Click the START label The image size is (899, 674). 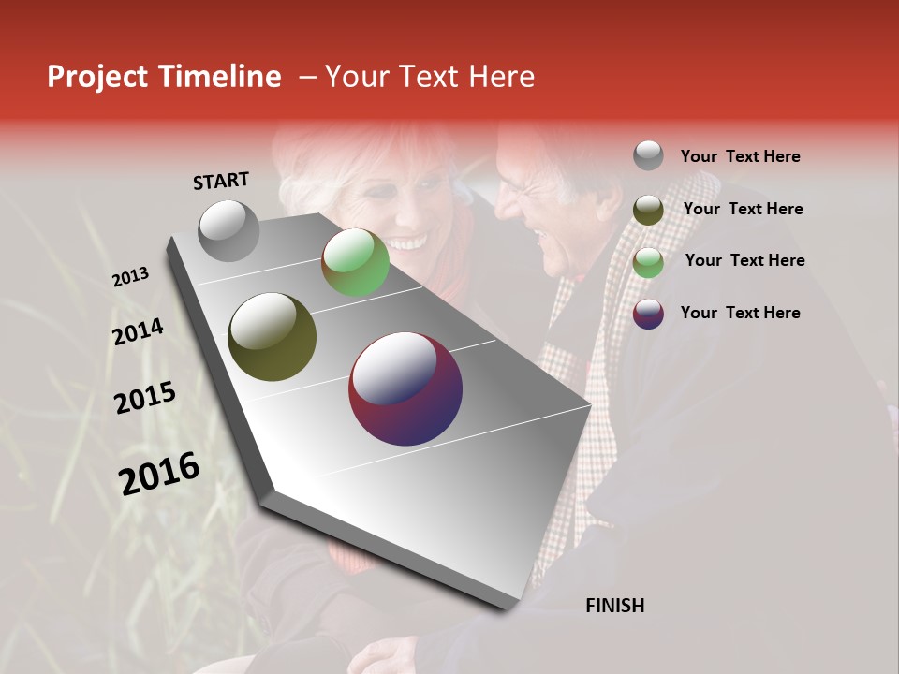221,180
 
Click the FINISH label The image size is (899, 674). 614,606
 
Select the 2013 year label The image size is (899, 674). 130,277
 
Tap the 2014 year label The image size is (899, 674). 138,332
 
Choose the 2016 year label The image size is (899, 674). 159,474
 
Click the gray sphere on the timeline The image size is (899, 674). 228,230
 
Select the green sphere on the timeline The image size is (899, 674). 355,262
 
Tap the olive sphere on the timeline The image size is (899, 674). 272,337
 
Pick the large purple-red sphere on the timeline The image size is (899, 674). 405,388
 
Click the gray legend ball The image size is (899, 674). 648,156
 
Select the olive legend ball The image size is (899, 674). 648,209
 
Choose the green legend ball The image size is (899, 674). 648,261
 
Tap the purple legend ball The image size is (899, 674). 648,313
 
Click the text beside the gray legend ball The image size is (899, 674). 740,157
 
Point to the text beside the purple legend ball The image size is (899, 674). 740,313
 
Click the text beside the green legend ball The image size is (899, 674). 744,260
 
